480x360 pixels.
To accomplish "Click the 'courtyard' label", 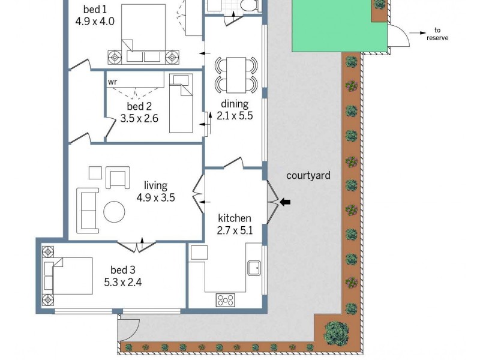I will tap(308, 176).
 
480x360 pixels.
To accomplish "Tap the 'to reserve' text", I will tap(437, 34).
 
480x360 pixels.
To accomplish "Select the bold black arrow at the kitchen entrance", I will tap(285, 202).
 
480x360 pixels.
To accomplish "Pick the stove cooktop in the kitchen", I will tap(226, 299).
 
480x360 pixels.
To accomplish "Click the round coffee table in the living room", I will tap(114, 211).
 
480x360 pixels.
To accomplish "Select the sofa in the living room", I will tap(88, 210).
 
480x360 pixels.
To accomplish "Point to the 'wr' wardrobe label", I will tap(113, 81).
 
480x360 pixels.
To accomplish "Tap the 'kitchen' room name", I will tap(234, 218).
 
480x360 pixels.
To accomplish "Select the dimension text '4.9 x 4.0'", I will tap(95, 21).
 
